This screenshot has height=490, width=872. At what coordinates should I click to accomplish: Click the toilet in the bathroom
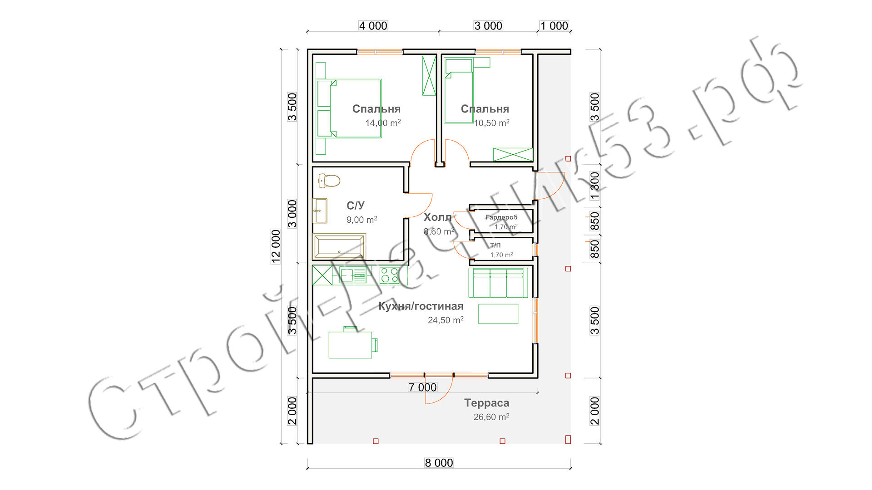[x=329, y=181]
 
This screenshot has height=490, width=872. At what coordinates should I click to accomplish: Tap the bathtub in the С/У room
[x=339, y=247]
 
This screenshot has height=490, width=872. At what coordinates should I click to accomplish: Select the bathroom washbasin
[x=320, y=211]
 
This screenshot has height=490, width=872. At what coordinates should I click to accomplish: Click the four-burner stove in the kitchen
[x=389, y=275]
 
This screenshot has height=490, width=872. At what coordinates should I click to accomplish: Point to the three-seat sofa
[x=498, y=282]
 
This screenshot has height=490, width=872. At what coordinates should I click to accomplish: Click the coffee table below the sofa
[x=498, y=314]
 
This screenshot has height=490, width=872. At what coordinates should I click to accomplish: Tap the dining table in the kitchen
[x=350, y=345]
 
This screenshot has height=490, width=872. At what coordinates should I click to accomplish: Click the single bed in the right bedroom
[x=459, y=91]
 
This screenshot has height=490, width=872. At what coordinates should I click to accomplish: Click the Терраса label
[x=486, y=403]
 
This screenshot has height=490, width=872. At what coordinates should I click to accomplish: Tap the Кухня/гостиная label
[x=421, y=306]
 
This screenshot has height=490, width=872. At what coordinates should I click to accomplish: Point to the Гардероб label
[x=501, y=217]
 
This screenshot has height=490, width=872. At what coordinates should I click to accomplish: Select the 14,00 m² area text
[x=383, y=123]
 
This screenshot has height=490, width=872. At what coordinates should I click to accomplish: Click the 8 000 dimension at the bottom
[x=439, y=463]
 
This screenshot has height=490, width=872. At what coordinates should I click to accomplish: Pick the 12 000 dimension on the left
[x=276, y=246]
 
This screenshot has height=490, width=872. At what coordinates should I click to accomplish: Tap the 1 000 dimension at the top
[x=554, y=26]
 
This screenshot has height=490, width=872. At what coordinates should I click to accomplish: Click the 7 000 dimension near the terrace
[x=422, y=387]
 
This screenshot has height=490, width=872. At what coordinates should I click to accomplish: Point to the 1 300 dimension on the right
[x=595, y=186]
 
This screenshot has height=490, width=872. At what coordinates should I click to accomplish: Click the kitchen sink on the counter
[x=352, y=275]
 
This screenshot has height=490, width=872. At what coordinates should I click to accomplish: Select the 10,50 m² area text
[x=491, y=123]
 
